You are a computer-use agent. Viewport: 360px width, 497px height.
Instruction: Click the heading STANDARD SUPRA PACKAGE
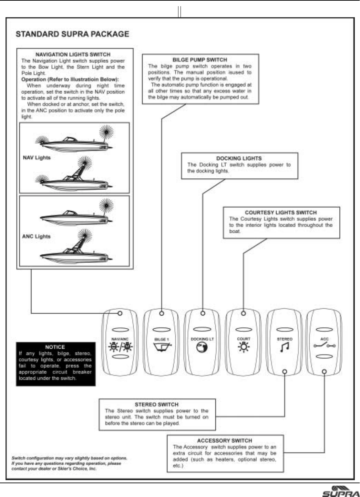72,34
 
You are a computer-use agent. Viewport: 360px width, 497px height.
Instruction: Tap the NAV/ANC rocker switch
120,343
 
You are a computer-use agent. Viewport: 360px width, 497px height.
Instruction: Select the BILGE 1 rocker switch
161,343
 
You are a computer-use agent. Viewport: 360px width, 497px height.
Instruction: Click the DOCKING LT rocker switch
202,343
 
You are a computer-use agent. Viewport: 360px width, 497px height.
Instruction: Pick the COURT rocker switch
244,343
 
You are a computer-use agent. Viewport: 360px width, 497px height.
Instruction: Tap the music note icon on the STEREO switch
284,347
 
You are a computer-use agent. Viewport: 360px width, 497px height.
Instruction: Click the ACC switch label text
324,339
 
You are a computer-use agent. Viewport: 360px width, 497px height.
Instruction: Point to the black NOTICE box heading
55,347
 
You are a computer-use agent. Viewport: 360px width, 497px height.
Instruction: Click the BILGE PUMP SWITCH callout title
200,60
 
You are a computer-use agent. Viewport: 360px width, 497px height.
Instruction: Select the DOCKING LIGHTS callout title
239,158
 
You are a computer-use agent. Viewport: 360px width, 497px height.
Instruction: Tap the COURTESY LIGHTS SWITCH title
281,212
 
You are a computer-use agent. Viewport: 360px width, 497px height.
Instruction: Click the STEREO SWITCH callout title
156,404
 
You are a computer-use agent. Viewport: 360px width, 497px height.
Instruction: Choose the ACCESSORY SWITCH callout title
225,441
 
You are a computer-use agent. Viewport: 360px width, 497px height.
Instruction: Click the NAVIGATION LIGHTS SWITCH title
73,54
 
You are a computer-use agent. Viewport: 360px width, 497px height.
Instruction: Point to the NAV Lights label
37,158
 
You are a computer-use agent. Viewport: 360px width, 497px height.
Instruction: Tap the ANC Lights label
36,236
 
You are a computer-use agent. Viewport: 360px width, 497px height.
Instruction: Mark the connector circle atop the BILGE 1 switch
162,313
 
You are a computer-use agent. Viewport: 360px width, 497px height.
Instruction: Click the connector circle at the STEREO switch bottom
285,372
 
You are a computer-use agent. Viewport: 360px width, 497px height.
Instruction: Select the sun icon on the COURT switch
244,347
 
